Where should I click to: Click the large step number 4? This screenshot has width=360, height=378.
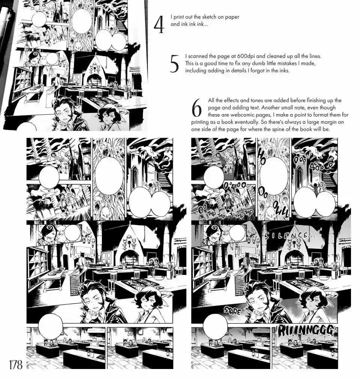tap(159, 25)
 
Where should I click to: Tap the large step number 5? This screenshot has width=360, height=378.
tap(174, 64)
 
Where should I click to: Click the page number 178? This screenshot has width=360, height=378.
tap(16, 364)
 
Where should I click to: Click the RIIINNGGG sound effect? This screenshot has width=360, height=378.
tap(306, 331)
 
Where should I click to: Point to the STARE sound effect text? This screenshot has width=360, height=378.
tap(232, 310)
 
